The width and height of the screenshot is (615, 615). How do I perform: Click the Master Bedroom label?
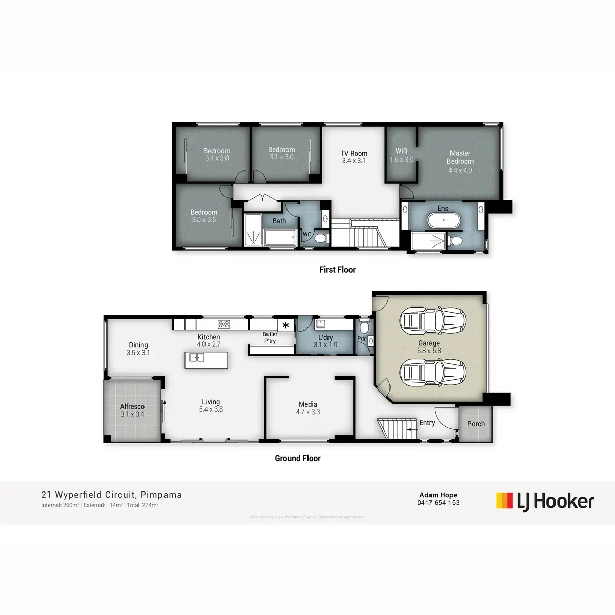460,157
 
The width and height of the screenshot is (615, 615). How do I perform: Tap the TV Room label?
354,153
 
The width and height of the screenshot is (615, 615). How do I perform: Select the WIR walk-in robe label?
401,151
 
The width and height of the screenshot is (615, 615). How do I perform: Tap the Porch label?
476,424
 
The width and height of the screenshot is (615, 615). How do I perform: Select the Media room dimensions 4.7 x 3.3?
308,412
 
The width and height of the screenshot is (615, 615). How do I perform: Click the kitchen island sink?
197,358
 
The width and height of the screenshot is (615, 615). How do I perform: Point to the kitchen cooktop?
224,324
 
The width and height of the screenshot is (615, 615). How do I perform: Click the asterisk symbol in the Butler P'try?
285,325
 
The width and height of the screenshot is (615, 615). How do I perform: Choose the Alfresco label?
132,406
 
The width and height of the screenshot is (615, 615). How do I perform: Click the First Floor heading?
337,270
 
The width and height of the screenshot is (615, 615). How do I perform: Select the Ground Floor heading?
297,458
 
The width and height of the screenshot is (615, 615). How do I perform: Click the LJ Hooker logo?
545,501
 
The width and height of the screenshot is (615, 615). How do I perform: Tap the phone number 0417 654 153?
438,503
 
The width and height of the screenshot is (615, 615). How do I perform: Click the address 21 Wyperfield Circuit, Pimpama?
112,495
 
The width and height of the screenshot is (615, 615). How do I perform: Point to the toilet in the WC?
321,238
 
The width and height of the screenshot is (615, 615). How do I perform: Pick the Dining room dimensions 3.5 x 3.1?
138,353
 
